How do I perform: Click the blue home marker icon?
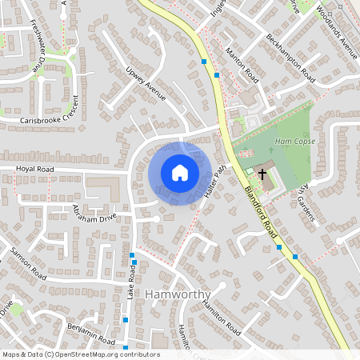point(180,173)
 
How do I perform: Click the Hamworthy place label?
point(178,294)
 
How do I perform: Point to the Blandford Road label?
point(263,210)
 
